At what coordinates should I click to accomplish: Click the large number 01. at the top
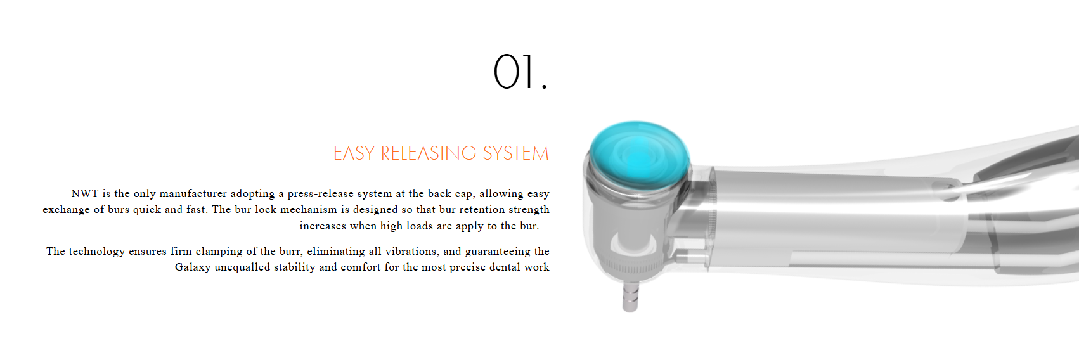pyautogui.click(x=520, y=72)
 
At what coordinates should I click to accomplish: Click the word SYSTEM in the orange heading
pyautogui.click(x=516, y=153)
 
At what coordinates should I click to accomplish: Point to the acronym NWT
pyautogui.click(x=85, y=193)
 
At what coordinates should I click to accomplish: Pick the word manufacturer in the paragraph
pyautogui.click(x=193, y=193)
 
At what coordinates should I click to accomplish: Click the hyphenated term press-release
pyautogui.click(x=320, y=194)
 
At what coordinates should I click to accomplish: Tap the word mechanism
pyautogui.click(x=308, y=210)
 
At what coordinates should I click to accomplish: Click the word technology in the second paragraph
pyautogui.click(x=96, y=252)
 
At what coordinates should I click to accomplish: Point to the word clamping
pyautogui.click(x=219, y=252)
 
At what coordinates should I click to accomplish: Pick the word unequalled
pyautogui.click(x=242, y=267)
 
